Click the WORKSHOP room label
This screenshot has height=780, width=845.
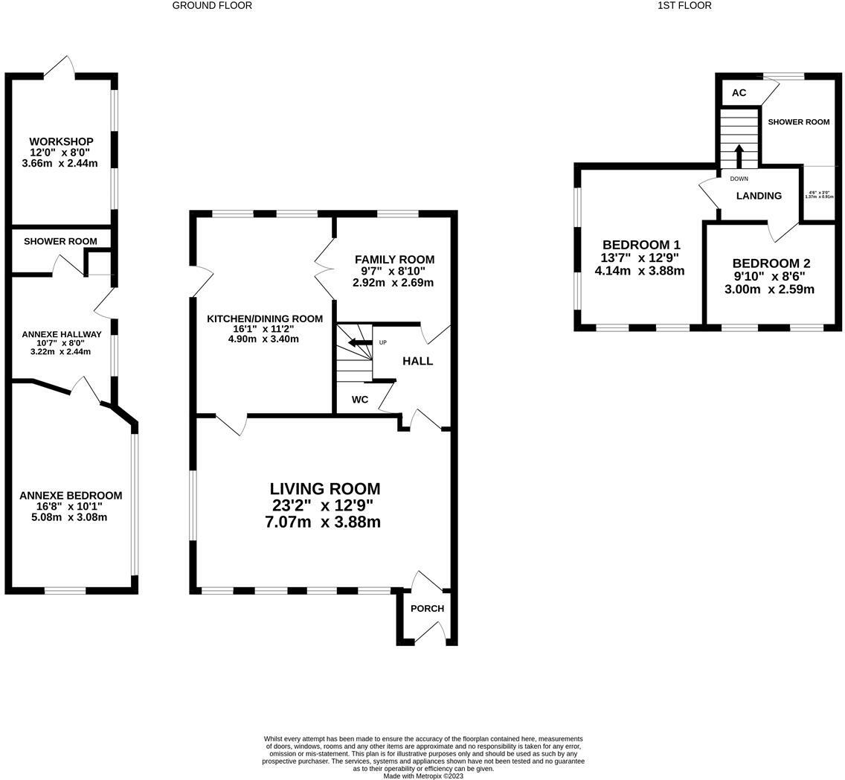[61, 141]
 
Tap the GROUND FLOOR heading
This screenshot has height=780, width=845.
[212, 6]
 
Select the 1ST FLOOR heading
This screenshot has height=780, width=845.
[684, 6]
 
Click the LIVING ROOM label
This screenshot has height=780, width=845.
[324, 489]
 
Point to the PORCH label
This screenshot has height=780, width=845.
[427, 608]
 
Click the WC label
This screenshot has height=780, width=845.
[360, 400]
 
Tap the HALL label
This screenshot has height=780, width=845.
[417, 361]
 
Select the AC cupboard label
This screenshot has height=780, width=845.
[739, 93]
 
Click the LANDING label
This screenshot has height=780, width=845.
[759, 196]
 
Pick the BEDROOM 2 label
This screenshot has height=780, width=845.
[771, 263]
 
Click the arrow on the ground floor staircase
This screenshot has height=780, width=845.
[360, 343]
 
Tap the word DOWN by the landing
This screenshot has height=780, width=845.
[739, 179]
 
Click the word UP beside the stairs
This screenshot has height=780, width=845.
[383, 342]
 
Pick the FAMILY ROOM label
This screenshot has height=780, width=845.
[394, 259]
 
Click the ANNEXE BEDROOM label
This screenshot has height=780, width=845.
[71, 496]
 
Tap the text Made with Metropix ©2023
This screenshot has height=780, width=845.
[423, 776]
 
